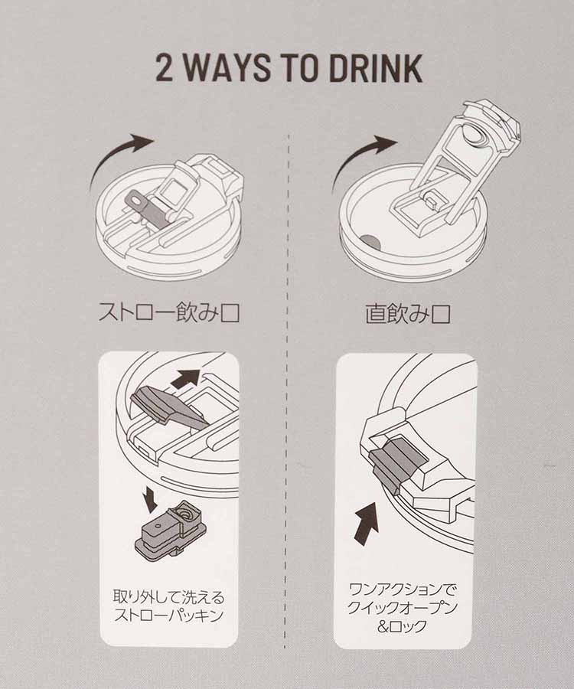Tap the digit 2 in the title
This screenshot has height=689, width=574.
pyautogui.click(x=165, y=69)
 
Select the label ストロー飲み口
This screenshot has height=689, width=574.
pyautogui.click(x=170, y=315)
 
